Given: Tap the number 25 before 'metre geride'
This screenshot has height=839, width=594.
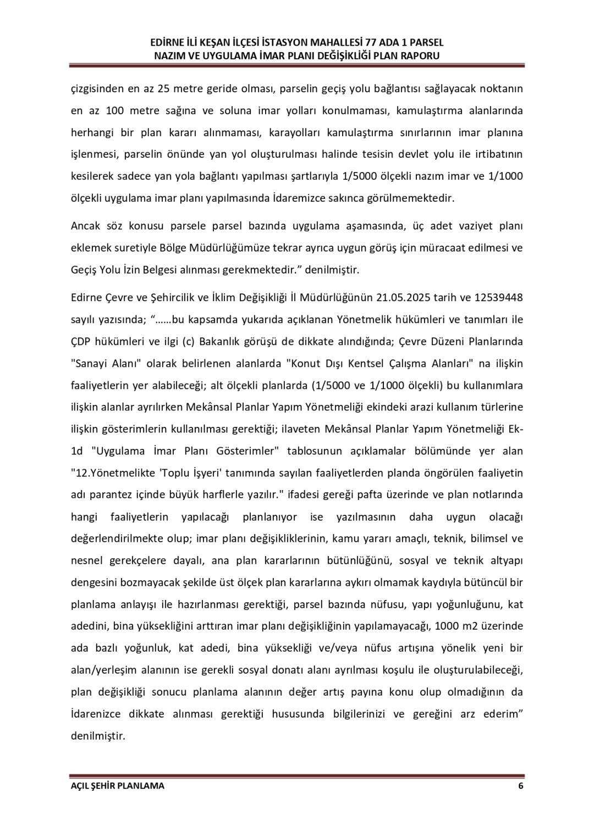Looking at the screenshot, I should [164, 89].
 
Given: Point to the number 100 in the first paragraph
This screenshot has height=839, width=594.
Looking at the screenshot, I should [114, 110].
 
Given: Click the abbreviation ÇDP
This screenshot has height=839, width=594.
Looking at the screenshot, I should [81, 341].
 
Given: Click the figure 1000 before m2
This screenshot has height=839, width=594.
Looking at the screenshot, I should [447, 626].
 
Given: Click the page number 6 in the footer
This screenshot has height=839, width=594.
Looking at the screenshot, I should [520, 786].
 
